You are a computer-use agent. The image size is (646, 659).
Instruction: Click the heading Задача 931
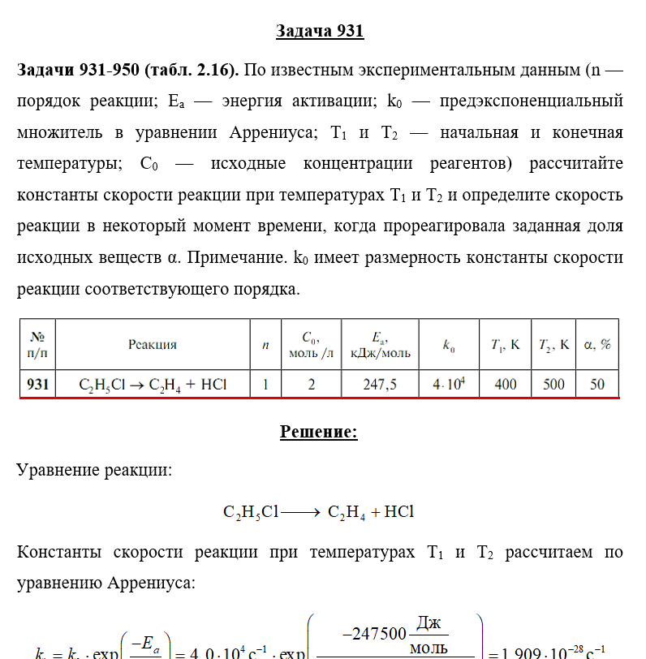pos(320,32)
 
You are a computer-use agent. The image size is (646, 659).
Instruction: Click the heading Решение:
pos(319,432)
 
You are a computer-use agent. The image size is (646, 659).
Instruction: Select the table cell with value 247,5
pos(380,384)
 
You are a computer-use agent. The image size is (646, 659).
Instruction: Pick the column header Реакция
pos(152,344)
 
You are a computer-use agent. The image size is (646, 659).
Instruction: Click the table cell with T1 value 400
pos(505,384)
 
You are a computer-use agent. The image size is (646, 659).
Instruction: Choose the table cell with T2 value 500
pos(553,384)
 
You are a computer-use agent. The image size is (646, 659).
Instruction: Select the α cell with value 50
pos(597,384)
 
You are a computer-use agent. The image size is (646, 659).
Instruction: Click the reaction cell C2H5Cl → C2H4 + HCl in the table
pos(152,384)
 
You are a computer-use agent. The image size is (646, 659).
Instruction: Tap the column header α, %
pos(597,344)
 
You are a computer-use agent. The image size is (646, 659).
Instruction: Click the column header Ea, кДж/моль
pos(380,344)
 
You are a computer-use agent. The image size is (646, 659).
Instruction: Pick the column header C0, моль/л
pos(310,344)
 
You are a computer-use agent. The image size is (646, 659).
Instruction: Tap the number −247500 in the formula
pos(381,633)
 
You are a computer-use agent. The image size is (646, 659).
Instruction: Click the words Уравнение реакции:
pos(94,471)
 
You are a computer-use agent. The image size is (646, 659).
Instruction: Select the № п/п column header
pos(38,344)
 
